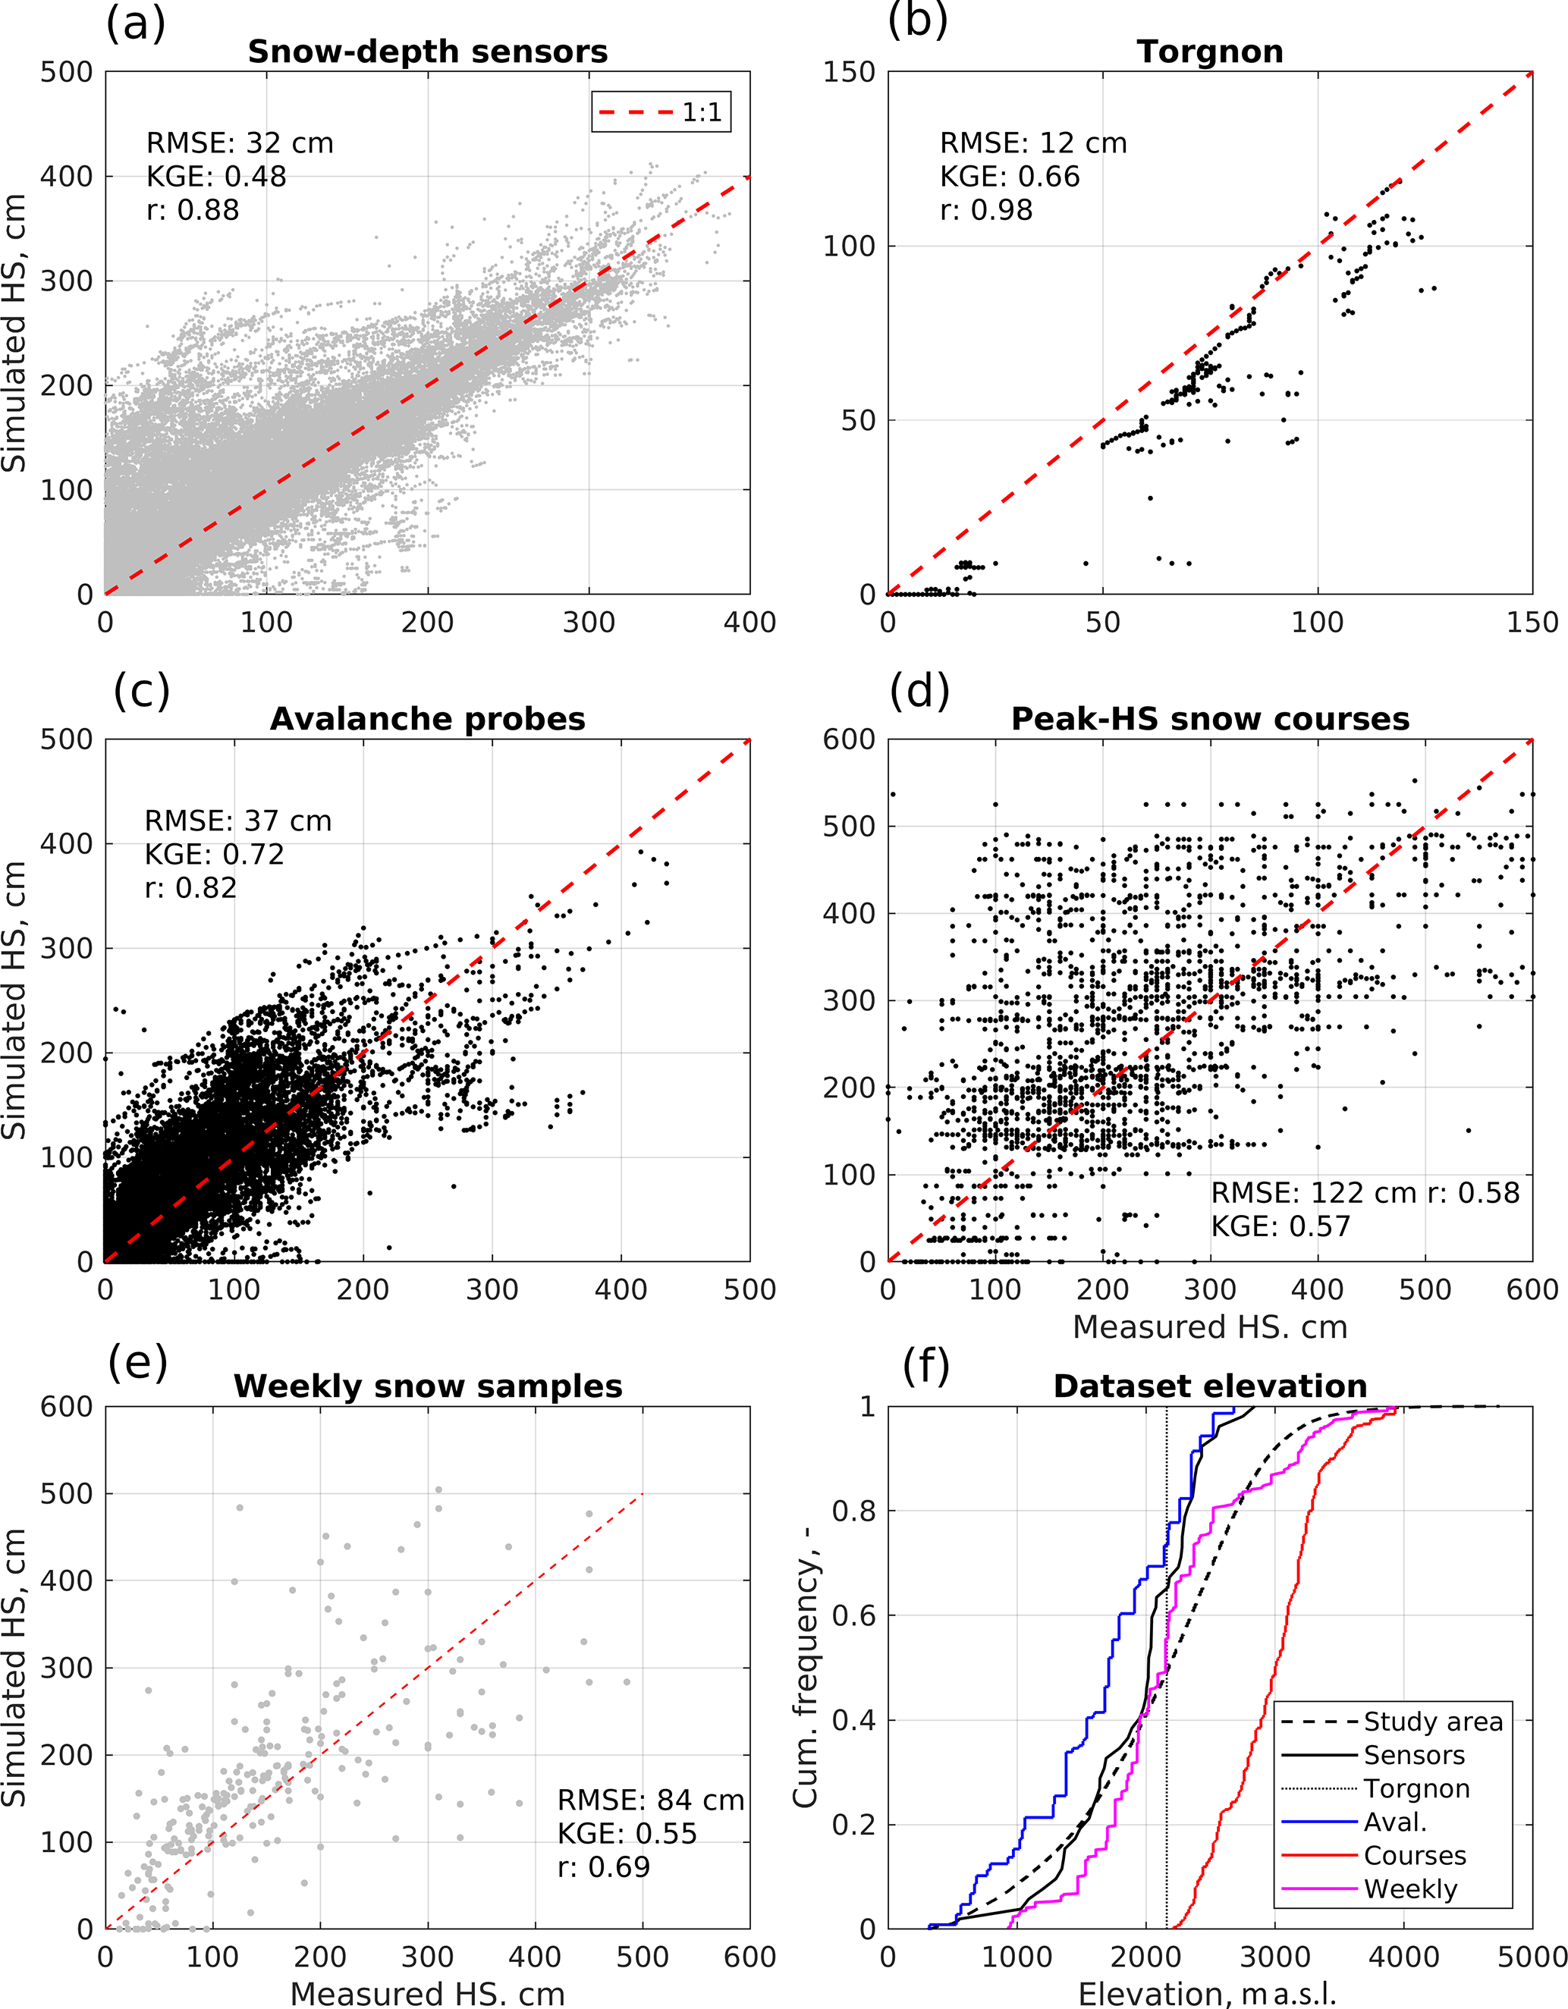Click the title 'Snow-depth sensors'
(427, 52)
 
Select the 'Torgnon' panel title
(1209, 52)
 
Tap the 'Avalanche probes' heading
(427, 718)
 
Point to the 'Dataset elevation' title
(1209, 1386)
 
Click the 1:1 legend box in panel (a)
(661, 112)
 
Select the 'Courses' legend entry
(1414, 1855)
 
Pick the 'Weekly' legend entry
(1409, 1888)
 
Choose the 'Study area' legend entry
(1431, 1721)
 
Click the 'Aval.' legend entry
(1395, 1822)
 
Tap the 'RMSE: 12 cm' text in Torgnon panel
(1032, 143)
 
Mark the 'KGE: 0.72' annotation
(215, 855)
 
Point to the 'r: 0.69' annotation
(604, 1867)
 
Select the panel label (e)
(138, 1361)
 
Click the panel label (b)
(917, 20)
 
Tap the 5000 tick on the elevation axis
(1531, 1956)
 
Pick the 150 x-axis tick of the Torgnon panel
(1531, 623)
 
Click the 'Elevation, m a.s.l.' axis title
(1206, 1995)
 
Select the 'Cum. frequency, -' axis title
(806, 1667)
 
